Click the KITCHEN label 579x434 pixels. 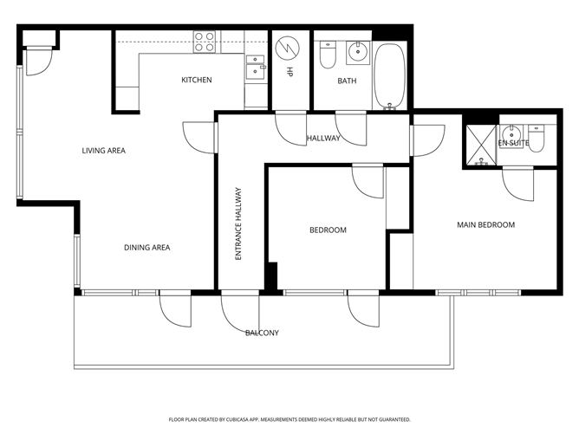pyautogui.click(x=196, y=81)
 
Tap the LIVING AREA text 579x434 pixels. pyautogui.click(x=104, y=151)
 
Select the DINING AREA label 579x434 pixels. pyautogui.click(x=146, y=248)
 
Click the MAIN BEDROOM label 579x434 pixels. pyautogui.click(x=485, y=225)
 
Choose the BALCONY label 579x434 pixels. pyautogui.click(x=262, y=333)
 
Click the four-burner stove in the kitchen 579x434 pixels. pyautogui.click(x=205, y=42)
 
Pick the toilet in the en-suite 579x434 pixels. pyautogui.click(x=536, y=140)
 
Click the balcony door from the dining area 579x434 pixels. pyautogui.click(x=175, y=309)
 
